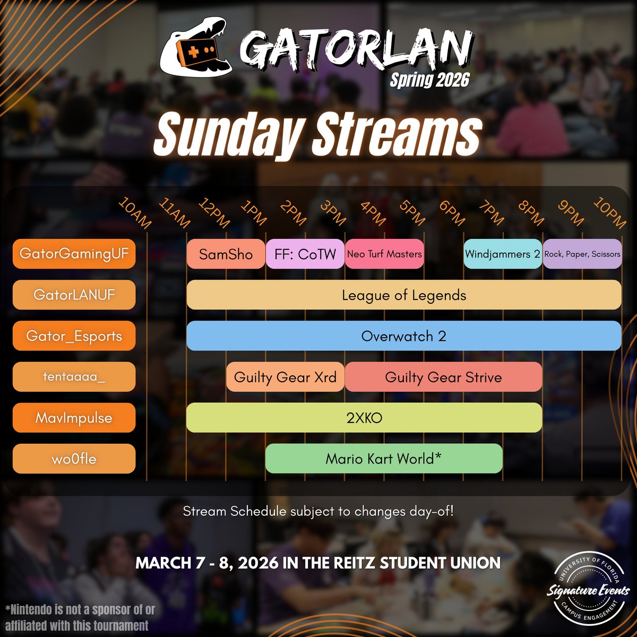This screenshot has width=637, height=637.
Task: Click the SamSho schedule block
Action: [x=226, y=254]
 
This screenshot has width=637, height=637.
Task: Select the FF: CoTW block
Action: [x=305, y=254]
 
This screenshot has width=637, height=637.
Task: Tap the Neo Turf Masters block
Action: [x=384, y=254]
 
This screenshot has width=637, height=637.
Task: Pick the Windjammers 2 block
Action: [x=502, y=254]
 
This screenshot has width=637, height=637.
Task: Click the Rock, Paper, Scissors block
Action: [x=582, y=254]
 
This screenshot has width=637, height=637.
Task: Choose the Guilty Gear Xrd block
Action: [x=285, y=377]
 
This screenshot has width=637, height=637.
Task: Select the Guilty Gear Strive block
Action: [x=443, y=377]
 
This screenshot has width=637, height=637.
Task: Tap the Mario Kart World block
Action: [x=384, y=459]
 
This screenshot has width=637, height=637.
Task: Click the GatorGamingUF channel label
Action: [x=74, y=254]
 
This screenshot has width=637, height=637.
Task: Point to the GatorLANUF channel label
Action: [x=74, y=295]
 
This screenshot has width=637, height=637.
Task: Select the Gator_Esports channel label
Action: [x=74, y=336]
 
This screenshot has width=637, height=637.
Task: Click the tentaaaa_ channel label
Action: [x=74, y=377]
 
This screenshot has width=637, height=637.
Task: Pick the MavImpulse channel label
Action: [x=74, y=418]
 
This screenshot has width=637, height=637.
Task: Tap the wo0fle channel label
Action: [x=74, y=459]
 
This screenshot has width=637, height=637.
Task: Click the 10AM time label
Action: [x=135, y=213]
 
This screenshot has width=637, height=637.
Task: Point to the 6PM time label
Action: [x=451, y=213]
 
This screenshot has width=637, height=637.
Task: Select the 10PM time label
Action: [x=609, y=213]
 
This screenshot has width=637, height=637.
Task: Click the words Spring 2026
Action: [x=430, y=80]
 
